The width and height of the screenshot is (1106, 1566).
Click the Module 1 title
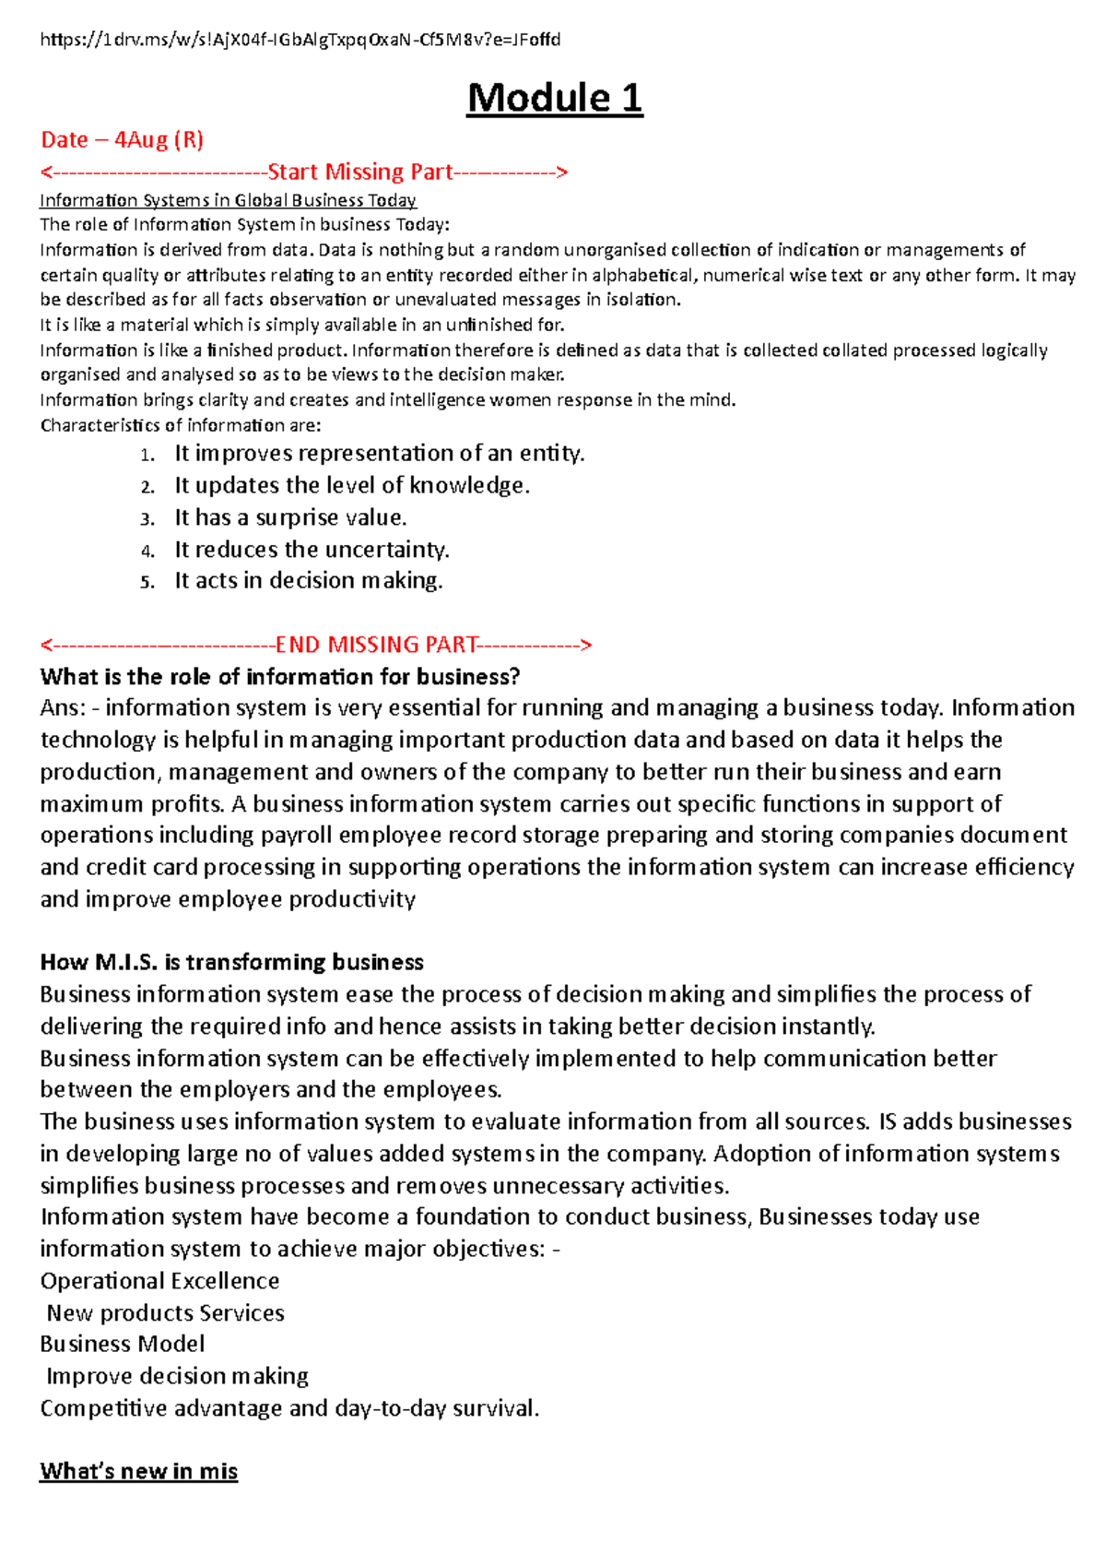click(554, 98)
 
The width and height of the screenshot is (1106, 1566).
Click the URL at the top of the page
click(300, 40)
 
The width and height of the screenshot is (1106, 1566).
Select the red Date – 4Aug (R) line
click(122, 140)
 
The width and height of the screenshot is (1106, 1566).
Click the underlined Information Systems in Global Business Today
click(228, 200)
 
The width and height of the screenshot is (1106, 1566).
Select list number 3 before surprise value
click(147, 519)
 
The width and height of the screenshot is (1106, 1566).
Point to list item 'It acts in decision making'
click(309, 581)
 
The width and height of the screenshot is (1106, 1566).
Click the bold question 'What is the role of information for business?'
click(280, 677)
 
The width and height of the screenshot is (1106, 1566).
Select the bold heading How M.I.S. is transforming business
click(231, 963)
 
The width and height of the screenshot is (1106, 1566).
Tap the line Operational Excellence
click(159, 1281)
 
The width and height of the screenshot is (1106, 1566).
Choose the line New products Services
click(165, 1313)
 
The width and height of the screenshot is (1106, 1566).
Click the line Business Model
click(123, 1345)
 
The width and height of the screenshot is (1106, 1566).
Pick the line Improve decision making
click(177, 1377)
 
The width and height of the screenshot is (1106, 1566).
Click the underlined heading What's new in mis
click(138, 1471)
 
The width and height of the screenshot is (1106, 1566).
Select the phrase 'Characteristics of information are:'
click(181, 426)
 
